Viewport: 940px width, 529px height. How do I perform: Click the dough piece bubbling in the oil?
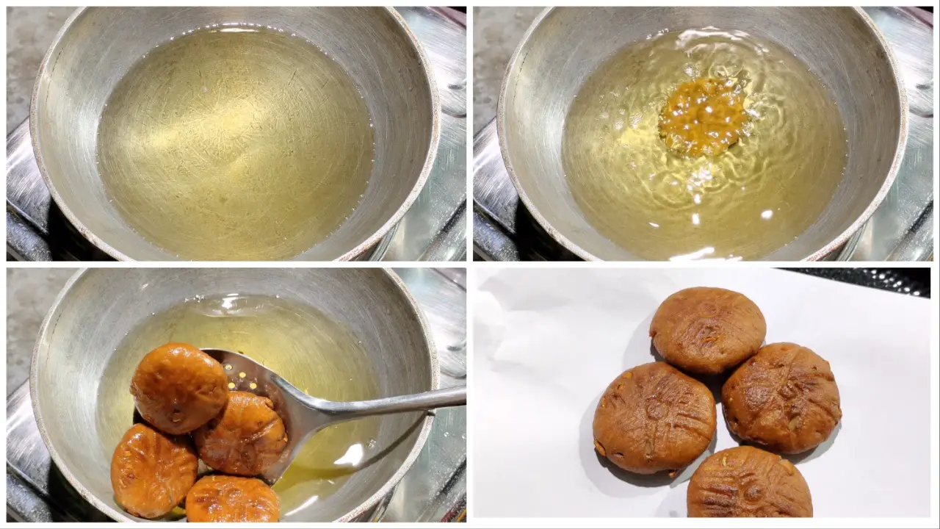(x=703, y=116)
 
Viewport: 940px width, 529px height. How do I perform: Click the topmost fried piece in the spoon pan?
(x=179, y=387)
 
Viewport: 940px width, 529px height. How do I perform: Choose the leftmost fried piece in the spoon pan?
(x=153, y=470)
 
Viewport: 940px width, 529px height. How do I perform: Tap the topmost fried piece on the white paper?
(x=707, y=331)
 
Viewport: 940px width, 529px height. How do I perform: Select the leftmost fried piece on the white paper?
(x=654, y=417)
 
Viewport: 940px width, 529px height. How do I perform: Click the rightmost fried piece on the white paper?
(x=781, y=397)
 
